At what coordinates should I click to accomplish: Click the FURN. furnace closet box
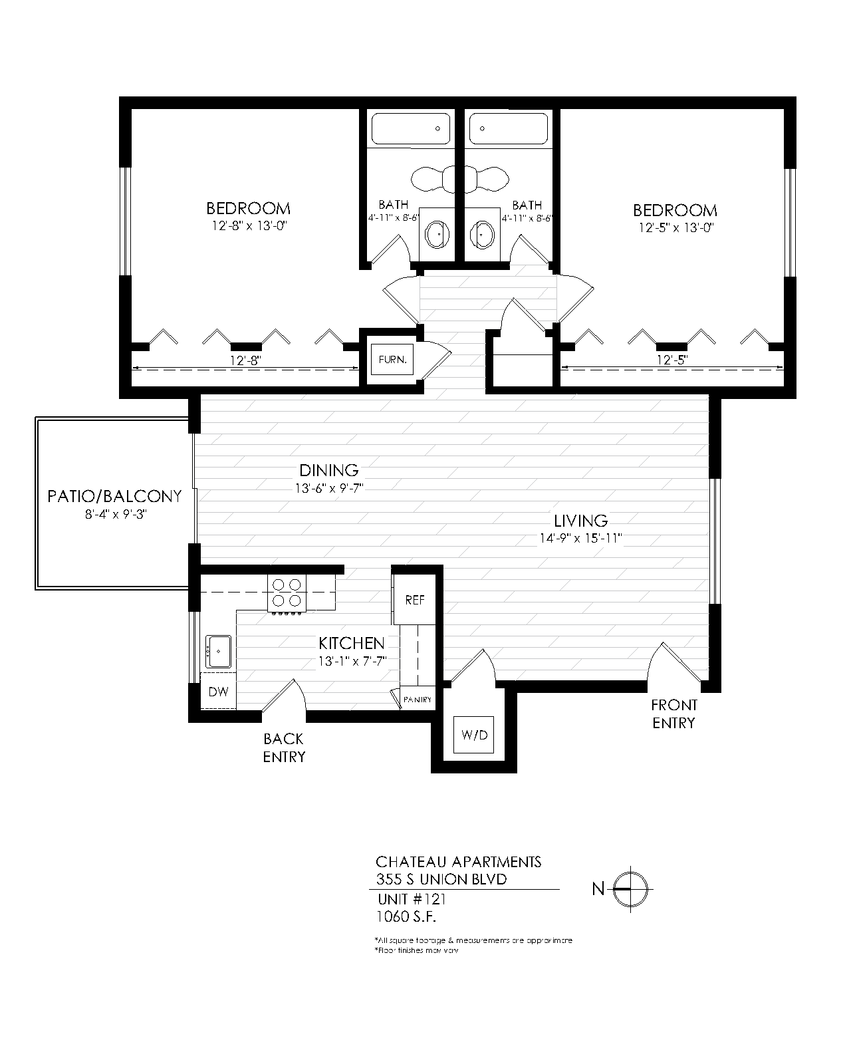(392, 360)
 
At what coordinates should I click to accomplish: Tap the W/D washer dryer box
(475, 735)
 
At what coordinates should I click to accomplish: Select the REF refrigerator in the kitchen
(415, 600)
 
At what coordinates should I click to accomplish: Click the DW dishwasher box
(218, 692)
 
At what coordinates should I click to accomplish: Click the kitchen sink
(218, 651)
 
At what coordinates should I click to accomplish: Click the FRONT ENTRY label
(673, 714)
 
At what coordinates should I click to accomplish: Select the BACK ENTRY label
(284, 747)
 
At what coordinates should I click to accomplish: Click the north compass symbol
(629, 888)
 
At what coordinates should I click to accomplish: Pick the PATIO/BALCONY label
(114, 496)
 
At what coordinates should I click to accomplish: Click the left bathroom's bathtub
(410, 129)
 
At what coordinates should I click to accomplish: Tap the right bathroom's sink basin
(482, 234)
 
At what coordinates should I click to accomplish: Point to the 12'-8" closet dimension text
(244, 360)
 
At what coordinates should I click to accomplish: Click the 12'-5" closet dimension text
(671, 360)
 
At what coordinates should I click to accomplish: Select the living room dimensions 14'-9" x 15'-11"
(580, 539)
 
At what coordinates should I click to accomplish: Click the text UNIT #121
(411, 900)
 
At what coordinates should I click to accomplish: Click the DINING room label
(328, 471)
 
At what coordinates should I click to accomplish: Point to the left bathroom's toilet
(431, 178)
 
